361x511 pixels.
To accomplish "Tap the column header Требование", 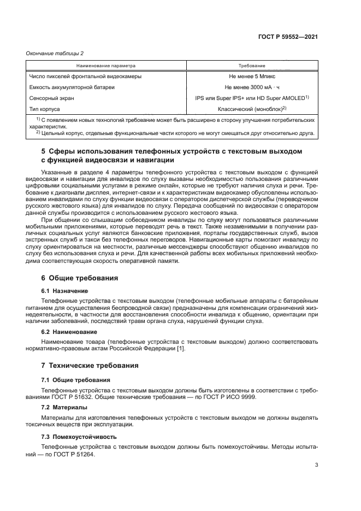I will [252, 65].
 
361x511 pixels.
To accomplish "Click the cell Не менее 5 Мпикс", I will [252, 77].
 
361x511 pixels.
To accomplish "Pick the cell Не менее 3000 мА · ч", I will [252, 87].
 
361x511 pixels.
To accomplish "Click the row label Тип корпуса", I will [44, 109].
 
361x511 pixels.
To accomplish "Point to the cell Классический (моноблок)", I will [252, 109].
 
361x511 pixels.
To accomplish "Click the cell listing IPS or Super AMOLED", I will [252, 98].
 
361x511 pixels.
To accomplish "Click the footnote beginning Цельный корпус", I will [175, 133].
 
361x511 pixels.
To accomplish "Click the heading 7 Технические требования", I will [90, 365].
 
